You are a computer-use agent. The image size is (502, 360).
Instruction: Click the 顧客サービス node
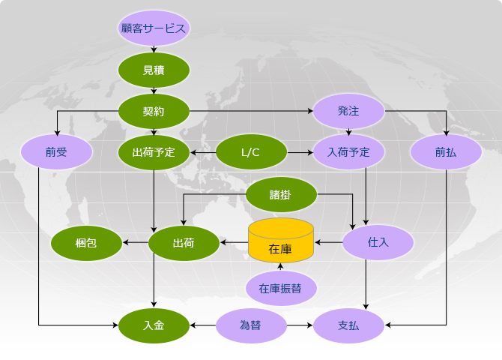pos(154,28)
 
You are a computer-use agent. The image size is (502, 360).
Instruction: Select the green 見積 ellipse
pos(154,70)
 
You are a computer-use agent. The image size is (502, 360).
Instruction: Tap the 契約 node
pos(154,111)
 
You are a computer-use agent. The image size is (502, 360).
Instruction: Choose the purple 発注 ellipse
pos(348,111)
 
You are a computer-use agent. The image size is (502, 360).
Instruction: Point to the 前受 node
pos(56,152)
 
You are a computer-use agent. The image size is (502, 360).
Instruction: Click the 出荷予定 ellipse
pos(154,152)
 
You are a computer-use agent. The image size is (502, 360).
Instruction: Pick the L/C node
pos(251,152)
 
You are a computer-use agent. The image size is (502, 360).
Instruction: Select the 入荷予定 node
pos(348,152)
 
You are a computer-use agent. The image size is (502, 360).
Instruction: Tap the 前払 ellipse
pos(446,152)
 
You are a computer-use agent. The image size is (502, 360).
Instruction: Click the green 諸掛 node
pos(281,194)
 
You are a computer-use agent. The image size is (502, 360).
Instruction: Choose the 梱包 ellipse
pos(86,243)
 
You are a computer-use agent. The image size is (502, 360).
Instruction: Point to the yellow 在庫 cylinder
pos(281,241)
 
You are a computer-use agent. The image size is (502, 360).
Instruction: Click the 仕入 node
pos(378,242)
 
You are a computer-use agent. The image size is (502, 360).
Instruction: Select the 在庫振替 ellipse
pos(281,288)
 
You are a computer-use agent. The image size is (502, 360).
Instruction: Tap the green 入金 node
pos(154,325)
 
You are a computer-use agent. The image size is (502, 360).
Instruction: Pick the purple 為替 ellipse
pos(251,325)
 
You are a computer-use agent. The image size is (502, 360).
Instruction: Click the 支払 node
pos(348,325)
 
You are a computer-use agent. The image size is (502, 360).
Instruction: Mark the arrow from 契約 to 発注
pos(251,111)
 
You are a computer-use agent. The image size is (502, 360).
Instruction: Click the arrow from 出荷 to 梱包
pos(136,242)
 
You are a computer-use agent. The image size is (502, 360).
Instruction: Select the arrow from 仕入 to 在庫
pos(328,242)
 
